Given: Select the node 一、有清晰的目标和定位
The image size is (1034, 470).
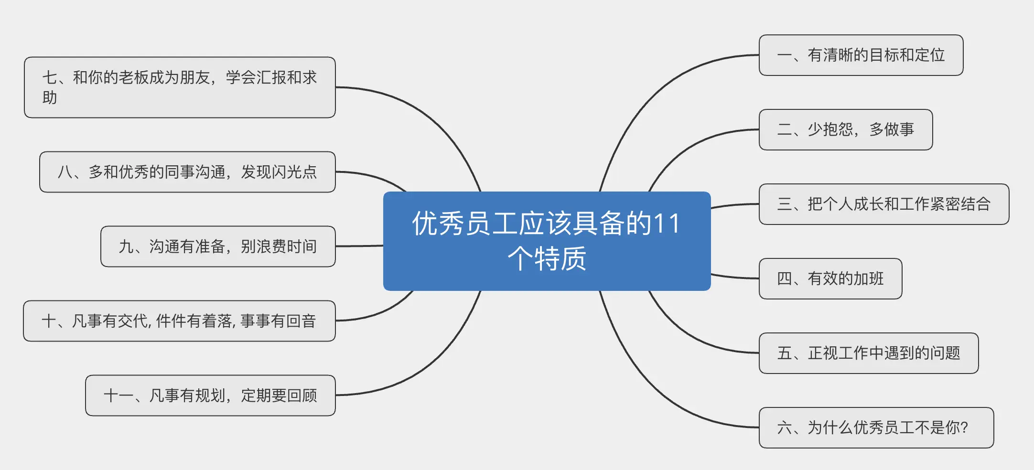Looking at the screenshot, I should (x=861, y=55).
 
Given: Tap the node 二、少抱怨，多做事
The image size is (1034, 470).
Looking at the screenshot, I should (x=845, y=130).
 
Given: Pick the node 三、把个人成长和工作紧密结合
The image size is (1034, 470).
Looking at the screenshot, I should (x=883, y=204).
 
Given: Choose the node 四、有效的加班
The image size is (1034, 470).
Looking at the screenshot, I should (x=830, y=279).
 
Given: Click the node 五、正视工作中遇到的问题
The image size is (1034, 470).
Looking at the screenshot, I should (x=868, y=353).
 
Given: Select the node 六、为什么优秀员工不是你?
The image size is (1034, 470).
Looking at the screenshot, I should (x=876, y=428).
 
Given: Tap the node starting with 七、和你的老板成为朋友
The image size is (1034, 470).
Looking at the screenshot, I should (x=180, y=87).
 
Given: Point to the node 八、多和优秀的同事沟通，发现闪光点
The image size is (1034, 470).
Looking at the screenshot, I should (x=187, y=172).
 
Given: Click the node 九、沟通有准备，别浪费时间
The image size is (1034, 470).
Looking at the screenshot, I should (x=218, y=246).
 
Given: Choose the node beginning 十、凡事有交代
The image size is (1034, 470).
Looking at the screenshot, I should (x=179, y=321).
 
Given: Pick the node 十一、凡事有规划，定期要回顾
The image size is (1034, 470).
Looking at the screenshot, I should (x=210, y=395).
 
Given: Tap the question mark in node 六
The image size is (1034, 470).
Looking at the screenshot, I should (x=964, y=427).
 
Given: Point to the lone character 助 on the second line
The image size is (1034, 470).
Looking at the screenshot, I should (x=50, y=98).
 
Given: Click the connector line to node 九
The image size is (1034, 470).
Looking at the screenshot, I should (x=359, y=246).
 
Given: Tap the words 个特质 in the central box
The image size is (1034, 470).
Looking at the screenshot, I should (x=547, y=259).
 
